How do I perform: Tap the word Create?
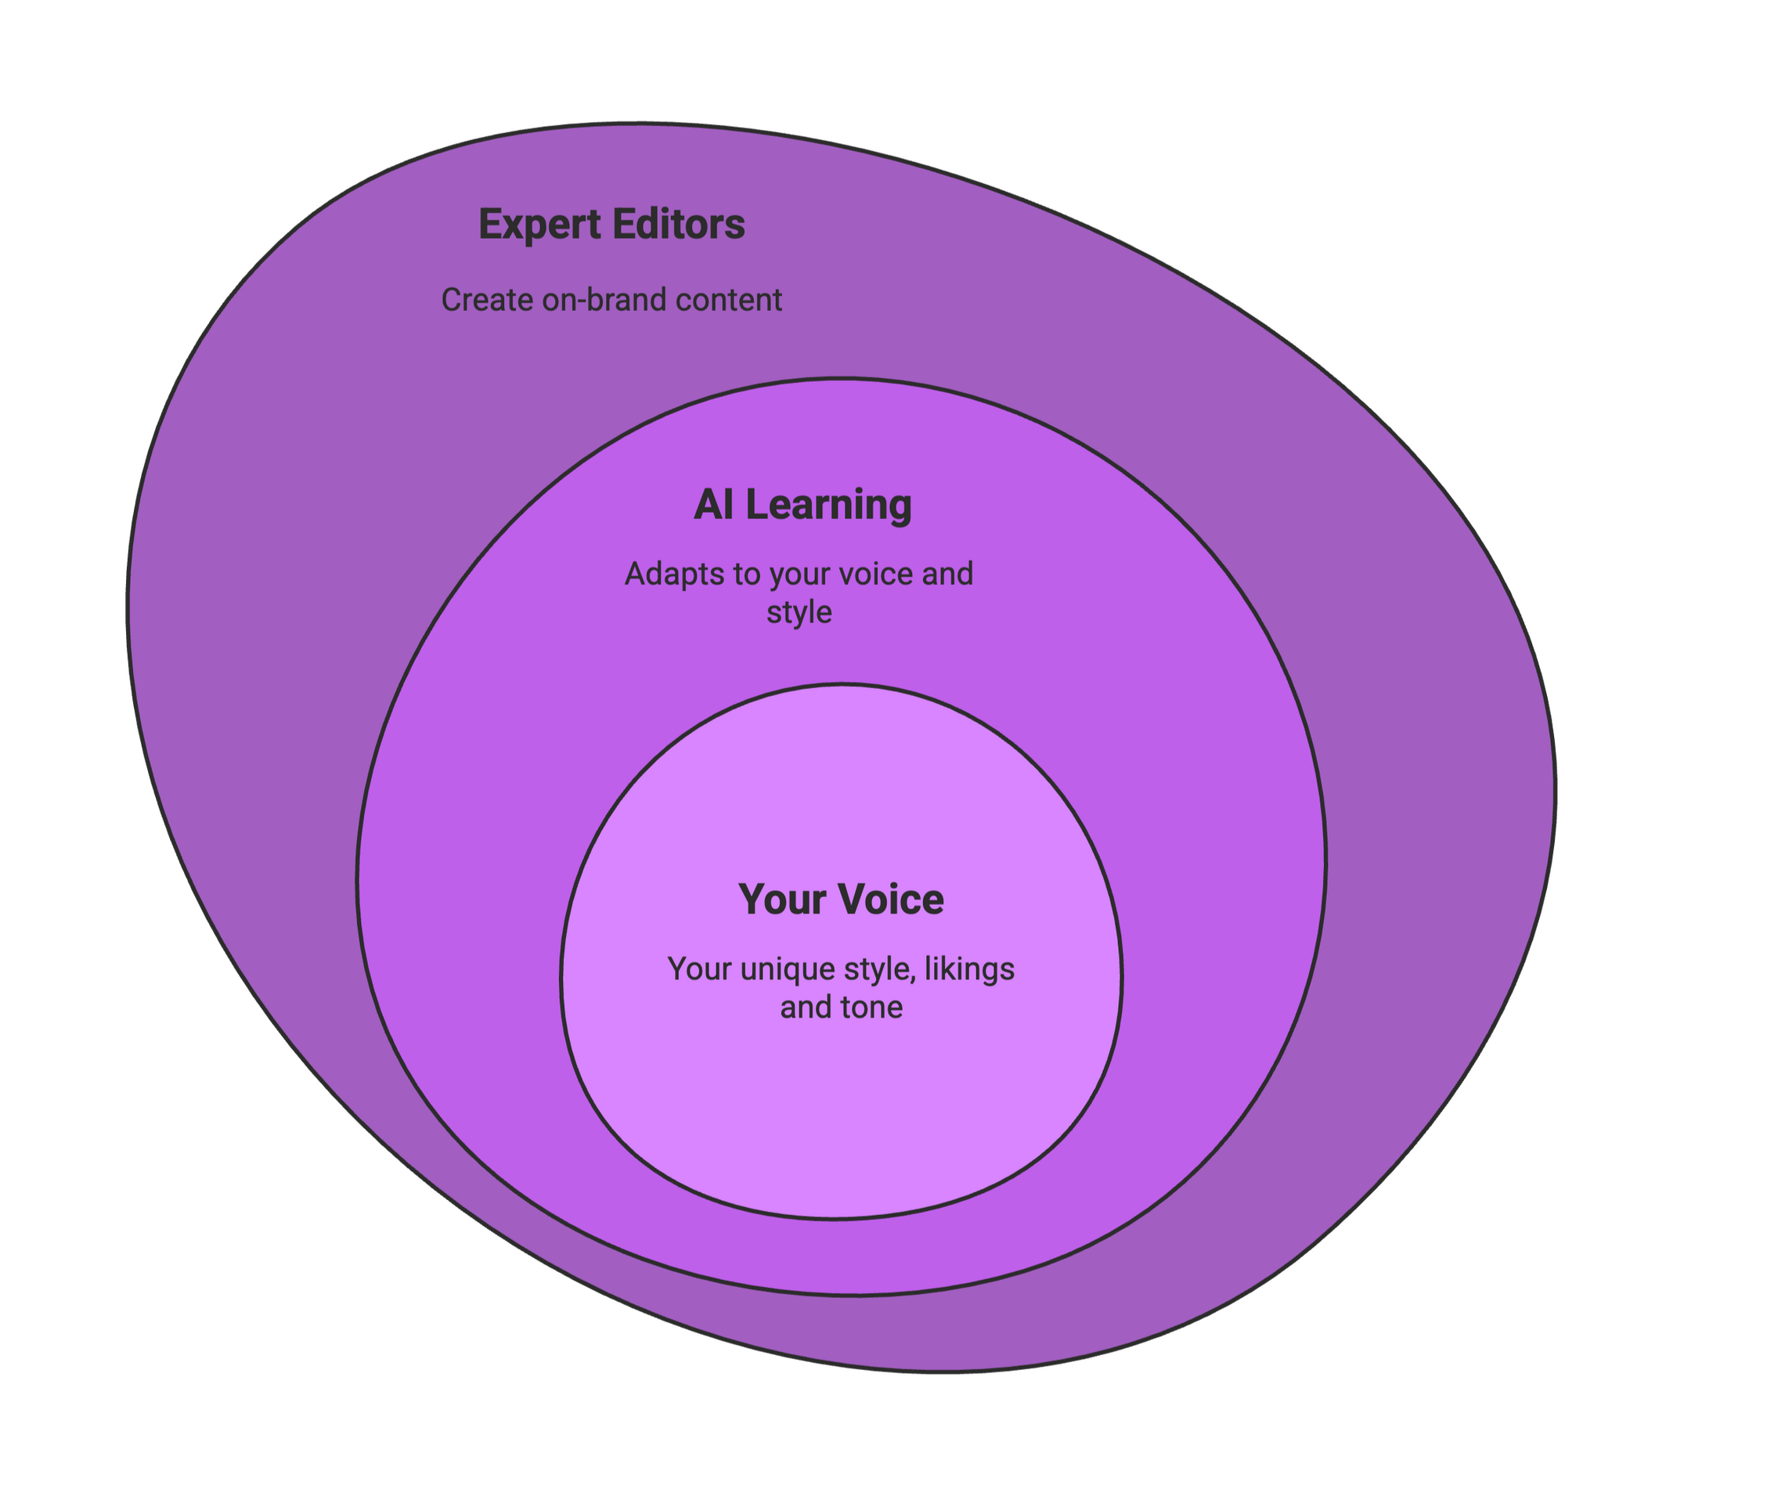(x=478, y=300)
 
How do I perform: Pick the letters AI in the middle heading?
(x=713, y=505)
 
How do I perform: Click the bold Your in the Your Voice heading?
(x=782, y=899)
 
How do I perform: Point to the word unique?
(x=776, y=970)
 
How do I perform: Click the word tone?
(x=876, y=1008)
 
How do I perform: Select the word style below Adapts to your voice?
(x=799, y=613)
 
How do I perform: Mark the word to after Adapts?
(x=746, y=575)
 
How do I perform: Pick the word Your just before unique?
(x=700, y=969)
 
